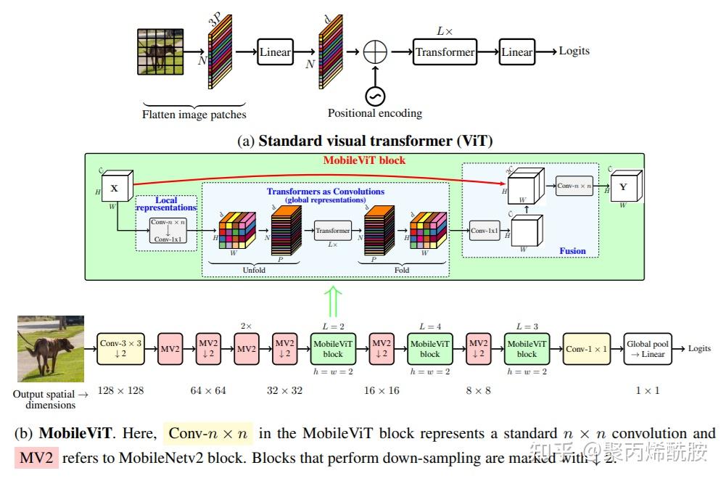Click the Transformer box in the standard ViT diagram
[445, 52]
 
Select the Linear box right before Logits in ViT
[516, 52]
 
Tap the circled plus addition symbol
[375, 52]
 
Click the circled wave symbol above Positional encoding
[375, 95]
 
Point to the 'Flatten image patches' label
[194, 114]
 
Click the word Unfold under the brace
[254, 270]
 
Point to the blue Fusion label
[572, 251]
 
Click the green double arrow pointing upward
[332, 300]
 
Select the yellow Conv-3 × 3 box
[120, 349]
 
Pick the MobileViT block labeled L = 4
[429, 349]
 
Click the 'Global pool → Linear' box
[647, 349]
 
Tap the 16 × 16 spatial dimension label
[381, 390]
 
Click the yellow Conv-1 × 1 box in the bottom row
[587, 349]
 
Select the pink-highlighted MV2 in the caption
[36, 458]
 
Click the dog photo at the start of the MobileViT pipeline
[51, 348]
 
